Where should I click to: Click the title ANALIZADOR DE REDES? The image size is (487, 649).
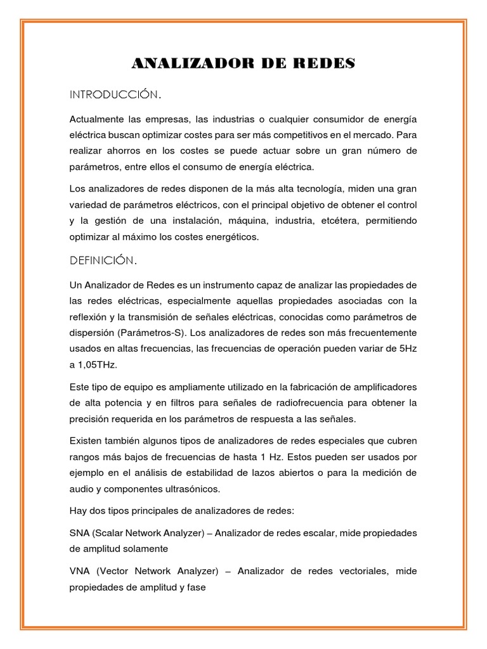pos(243,64)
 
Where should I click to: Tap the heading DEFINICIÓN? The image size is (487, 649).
pos(103,260)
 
